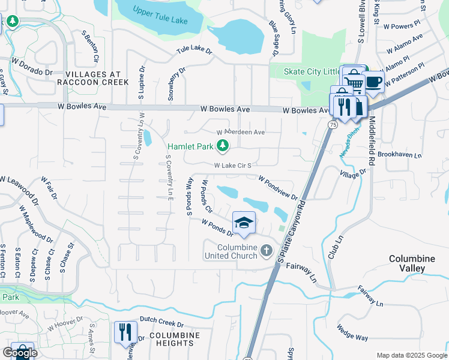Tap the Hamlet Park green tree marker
click(223, 145)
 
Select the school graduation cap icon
click(244, 223)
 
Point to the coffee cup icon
click(373, 82)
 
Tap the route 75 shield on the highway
click(332, 124)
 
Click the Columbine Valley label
click(411, 263)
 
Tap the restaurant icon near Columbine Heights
click(125, 331)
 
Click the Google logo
click(20, 353)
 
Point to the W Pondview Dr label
click(278, 188)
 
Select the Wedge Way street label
click(352, 333)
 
